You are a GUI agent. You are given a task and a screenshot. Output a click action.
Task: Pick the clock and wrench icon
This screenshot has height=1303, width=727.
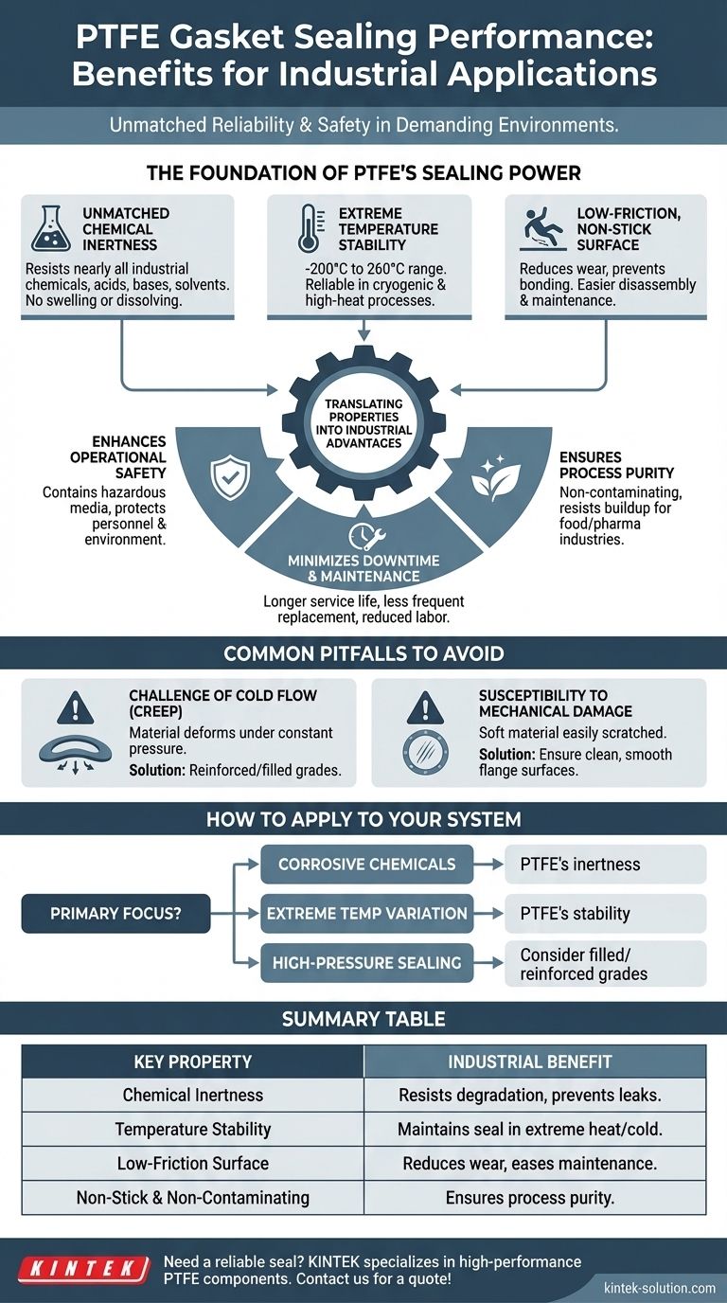363,535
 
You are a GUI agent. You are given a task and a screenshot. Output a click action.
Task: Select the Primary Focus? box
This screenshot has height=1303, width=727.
115,914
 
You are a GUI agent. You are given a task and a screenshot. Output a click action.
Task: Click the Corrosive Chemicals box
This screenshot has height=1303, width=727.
366,864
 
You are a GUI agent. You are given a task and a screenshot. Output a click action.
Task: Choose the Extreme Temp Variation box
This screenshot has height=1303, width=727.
366,914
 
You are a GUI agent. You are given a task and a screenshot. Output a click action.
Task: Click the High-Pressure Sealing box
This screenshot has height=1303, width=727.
366,963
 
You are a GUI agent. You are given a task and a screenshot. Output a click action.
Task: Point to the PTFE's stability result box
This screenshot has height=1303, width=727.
604,914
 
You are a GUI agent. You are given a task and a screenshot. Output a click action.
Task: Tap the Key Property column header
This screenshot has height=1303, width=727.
192,1062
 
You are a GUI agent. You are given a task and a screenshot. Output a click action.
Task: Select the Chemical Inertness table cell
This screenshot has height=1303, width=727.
192,1095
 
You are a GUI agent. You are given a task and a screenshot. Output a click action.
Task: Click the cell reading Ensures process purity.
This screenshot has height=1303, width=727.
530,1197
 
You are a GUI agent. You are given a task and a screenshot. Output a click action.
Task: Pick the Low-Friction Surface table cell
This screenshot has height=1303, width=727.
192,1163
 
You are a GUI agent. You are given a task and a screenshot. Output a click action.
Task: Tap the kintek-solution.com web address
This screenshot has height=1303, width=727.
660,1287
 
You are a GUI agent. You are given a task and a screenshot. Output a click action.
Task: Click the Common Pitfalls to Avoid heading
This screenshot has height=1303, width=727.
363,653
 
